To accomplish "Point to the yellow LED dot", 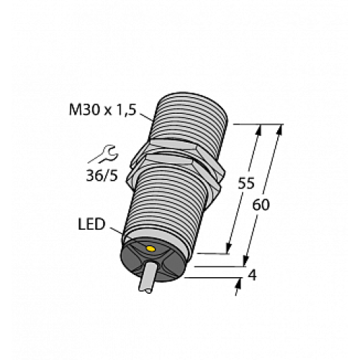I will (x=150, y=250).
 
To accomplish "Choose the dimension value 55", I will (x=246, y=184).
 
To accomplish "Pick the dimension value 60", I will (x=263, y=204).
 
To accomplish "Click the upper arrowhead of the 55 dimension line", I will (x=258, y=130).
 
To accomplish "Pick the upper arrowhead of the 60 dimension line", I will (x=277, y=130).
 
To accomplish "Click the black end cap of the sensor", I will (x=155, y=260).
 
